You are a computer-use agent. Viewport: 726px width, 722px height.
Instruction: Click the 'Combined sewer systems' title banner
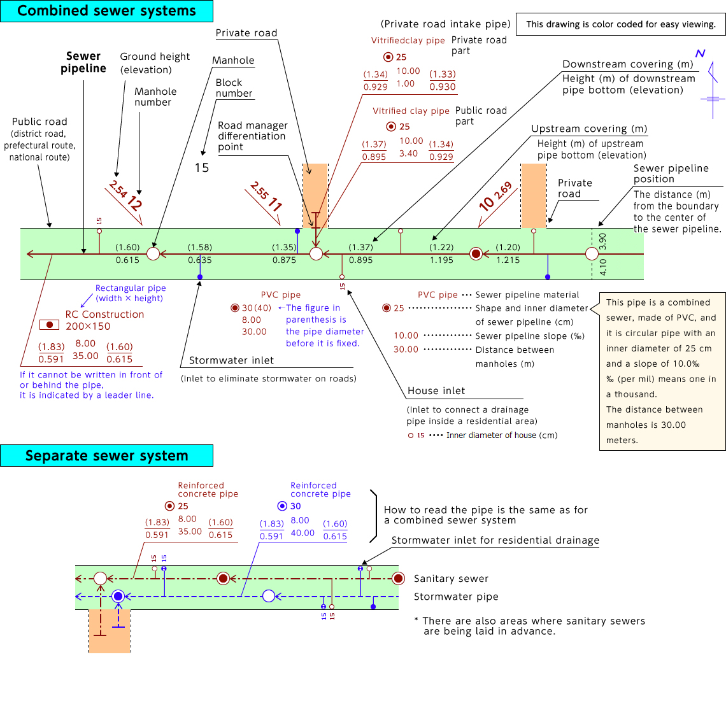(x=106, y=11)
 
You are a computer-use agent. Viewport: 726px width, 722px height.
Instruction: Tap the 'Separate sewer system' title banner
(x=106, y=455)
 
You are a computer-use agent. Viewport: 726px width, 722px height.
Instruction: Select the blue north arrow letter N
(x=700, y=53)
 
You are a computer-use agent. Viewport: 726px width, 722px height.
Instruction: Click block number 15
(x=202, y=167)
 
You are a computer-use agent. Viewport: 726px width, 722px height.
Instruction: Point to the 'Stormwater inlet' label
(x=232, y=360)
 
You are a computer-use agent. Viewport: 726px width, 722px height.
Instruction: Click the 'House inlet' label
(x=436, y=391)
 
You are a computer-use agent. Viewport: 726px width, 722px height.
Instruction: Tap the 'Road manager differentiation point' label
(x=253, y=136)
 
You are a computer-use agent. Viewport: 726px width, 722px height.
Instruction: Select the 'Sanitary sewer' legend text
(x=451, y=579)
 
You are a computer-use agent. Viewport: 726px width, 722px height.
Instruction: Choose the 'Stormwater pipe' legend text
(x=456, y=597)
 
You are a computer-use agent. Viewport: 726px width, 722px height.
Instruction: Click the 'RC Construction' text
(x=104, y=315)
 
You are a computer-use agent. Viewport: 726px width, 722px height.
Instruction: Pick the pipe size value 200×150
(x=88, y=326)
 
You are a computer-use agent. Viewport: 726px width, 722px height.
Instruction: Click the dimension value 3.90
(x=602, y=241)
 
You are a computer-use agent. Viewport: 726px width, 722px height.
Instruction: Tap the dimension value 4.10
(x=603, y=267)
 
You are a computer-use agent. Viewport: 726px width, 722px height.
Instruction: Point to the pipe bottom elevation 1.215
(x=508, y=260)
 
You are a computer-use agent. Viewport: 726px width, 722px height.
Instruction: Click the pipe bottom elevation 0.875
(x=284, y=260)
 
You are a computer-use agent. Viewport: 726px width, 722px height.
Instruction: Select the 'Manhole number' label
(x=155, y=97)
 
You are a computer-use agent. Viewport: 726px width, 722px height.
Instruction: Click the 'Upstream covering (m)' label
(x=589, y=129)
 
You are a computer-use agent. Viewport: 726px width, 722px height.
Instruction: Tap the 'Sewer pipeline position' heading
(x=671, y=174)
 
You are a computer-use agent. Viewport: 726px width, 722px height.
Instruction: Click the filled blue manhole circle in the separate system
(x=118, y=596)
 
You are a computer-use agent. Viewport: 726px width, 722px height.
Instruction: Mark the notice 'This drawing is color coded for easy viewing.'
(x=620, y=25)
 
